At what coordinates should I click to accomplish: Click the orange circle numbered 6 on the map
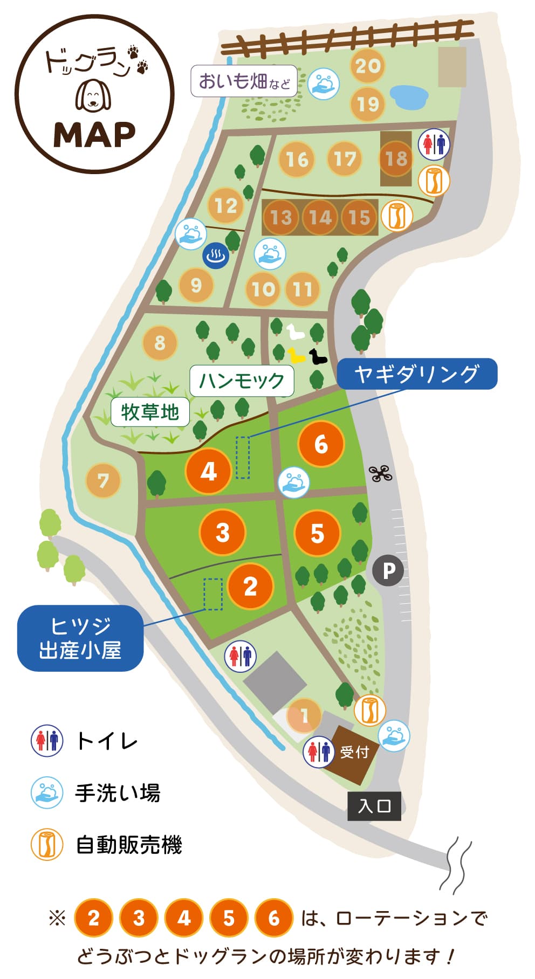[x=321, y=444]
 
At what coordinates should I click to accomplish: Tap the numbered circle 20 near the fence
[x=368, y=66]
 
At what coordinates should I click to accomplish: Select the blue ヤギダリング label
[x=417, y=374]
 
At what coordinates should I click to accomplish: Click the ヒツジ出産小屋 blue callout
[x=80, y=638]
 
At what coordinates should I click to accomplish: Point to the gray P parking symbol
[x=388, y=570]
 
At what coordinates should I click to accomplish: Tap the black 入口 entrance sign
[x=374, y=806]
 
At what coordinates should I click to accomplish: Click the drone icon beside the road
[x=380, y=473]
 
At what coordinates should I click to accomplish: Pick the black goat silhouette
[x=317, y=357]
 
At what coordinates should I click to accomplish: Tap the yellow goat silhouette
[x=296, y=355]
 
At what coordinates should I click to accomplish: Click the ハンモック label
[x=242, y=381]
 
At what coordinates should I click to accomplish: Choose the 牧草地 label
[x=150, y=412]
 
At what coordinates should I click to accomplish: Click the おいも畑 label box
[x=244, y=81]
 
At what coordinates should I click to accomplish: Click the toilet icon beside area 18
[x=434, y=144]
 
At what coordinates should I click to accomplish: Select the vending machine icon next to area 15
[x=397, y=216]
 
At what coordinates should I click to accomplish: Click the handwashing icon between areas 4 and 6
[x=294, y=481]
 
